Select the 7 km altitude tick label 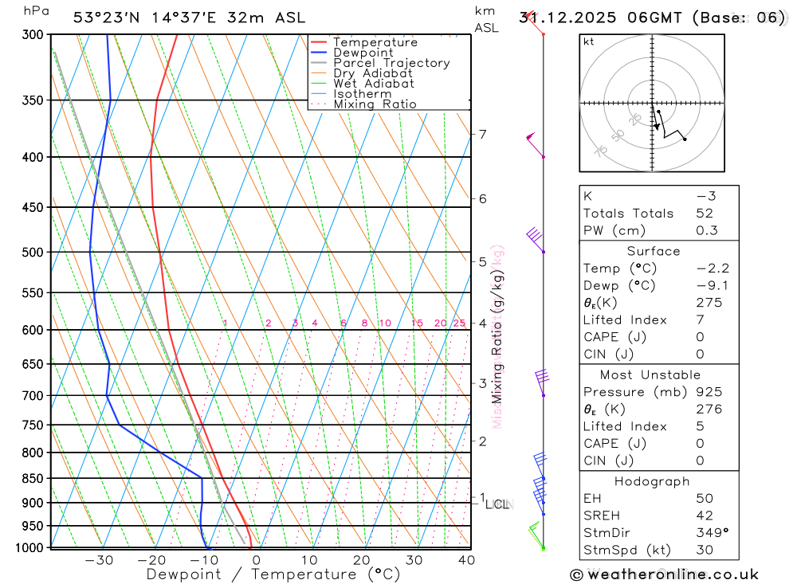tap(482, 134)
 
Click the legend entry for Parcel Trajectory tap(391, 63)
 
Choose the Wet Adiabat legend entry tap(374, 84)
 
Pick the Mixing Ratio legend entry tap(375, 104)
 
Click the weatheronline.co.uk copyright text tap(665, 574)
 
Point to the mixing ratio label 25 tap(459, 323)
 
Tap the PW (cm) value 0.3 tap(707, 231)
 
